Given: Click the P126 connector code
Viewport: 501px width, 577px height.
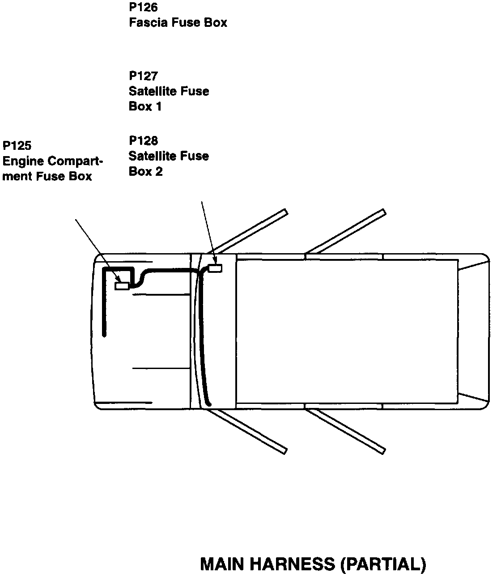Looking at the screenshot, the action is pos(143,8).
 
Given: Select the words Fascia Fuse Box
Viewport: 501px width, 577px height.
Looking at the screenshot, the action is pos(178,22).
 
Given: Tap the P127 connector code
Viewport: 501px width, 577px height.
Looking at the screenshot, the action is pos(143,76).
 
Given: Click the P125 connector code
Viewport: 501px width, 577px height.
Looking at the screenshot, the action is pos(17,145).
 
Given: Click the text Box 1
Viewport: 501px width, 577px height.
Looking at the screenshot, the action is pos(145,106).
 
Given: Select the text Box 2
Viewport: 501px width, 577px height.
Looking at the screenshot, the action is pos(145,171).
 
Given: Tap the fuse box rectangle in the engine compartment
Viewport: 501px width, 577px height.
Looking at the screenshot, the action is pos(122,286).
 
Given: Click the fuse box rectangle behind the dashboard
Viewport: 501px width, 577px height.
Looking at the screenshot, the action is pos(216,268).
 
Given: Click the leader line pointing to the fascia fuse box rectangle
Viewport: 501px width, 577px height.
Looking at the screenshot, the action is pos(208,230).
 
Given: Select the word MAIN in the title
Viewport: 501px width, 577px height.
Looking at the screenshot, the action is pos(222,564).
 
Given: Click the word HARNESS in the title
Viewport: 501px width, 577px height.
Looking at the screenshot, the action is pos(291,564).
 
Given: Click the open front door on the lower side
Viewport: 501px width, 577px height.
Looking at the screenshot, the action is pos(250,430).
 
